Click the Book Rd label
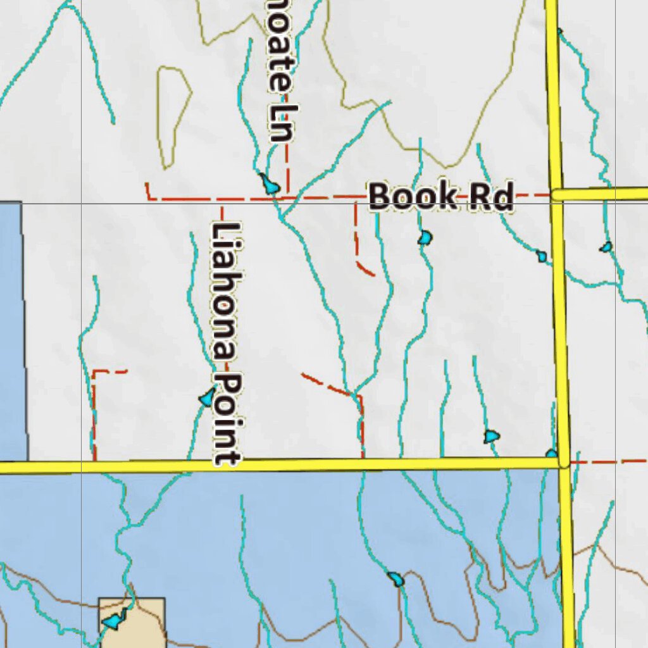coord(440,196)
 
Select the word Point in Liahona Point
coord(227,418)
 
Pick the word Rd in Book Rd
coord(490,197)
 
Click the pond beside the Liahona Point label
coord(207,398)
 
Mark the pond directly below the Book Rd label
coord(425,238)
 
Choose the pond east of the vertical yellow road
coord(606,247)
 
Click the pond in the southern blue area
coord(395,578)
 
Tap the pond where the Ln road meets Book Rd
coord(270,185)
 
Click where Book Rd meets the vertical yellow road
coord(556,195)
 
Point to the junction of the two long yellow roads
coord(563,463)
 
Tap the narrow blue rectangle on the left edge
coord(13,329)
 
